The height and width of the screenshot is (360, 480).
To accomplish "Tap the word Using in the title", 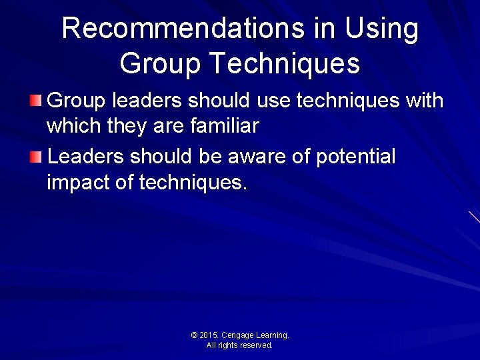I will pyautogui.click(x=381, y=29).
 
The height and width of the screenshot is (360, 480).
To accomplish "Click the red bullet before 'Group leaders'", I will pyautogui.click(x=36, y=101).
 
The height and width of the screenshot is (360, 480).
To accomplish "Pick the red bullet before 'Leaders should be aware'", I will pyautogui.click(x=36, y=157).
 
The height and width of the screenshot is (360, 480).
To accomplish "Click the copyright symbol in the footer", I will pyautogui.click(x=194, y=335).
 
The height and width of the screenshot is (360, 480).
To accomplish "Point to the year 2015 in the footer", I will pyautogui.click(x=209, y=335).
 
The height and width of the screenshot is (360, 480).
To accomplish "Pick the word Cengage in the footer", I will pyautogui.click(x=237, y=335).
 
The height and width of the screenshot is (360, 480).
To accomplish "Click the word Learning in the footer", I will pyautogui.click(x=271, y=335).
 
